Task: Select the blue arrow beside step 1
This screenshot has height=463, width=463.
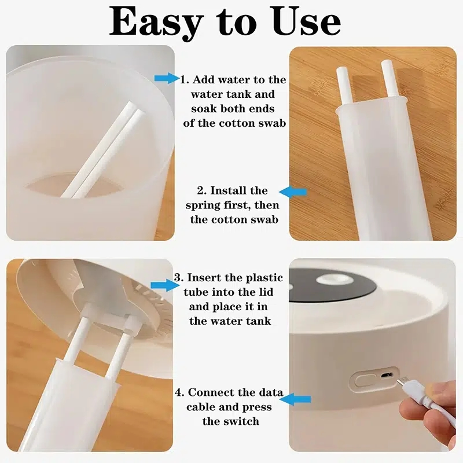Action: [167, 78]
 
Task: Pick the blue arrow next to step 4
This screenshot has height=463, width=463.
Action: [297, 399]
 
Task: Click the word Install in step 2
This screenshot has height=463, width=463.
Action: [231, 190]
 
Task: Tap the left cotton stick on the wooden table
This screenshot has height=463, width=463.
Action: [341, 87]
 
